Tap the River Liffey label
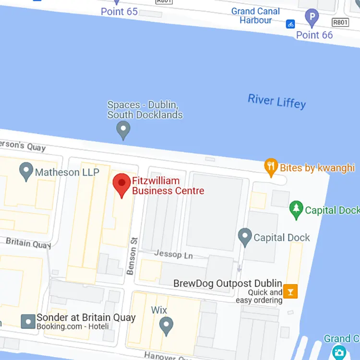(x=276, y=101)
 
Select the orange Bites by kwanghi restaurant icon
(x=271, y=167)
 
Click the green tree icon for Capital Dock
(x=297, y=209)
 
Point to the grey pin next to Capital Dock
(x=245, y=237)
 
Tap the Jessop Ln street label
(x=173, y=254)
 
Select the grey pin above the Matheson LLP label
(x=26, y=171)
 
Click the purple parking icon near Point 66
(x=312, y=18)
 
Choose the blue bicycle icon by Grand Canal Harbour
(x=290, y=24)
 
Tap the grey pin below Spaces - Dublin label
(x=124, y=129)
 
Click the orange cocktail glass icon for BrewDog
(x=290, y=291)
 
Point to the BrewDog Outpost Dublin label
(x=228, y=283)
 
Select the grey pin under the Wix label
(x=166, y=326)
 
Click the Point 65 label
(x=119, y=12)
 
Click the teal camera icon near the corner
(x=339, y=353)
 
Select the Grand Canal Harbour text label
(x=255, y=15)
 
